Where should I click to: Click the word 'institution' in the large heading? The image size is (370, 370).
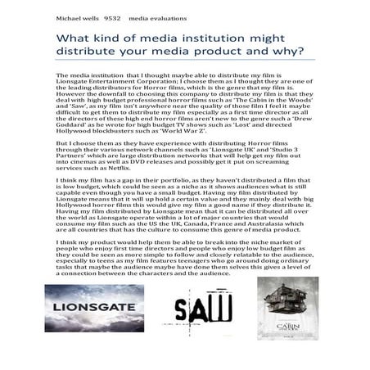[232, 38]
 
